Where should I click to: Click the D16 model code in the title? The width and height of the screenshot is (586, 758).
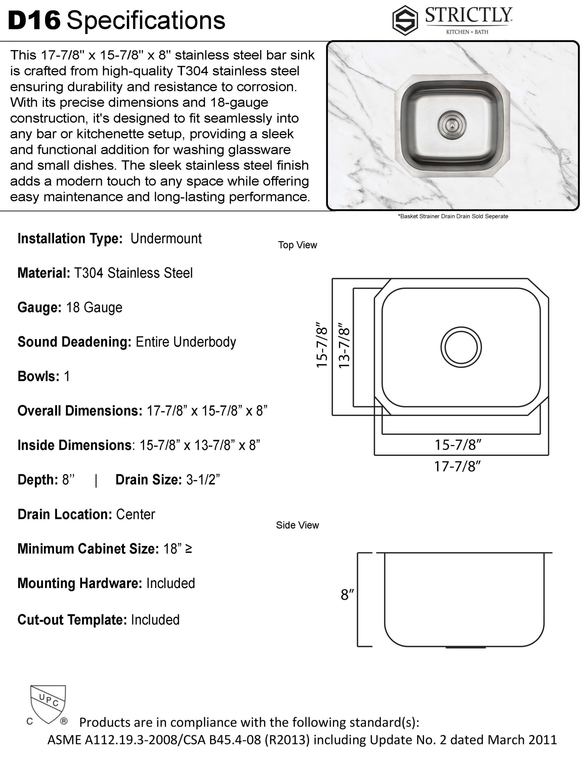(x=34, y=20)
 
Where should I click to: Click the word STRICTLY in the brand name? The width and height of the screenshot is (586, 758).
(x=469, y=15)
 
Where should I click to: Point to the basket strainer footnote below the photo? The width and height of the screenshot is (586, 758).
(x=453, y=216)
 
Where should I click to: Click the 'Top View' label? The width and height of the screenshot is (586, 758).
(x=297, y=245)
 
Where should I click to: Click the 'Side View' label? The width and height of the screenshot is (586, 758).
(x=297, y=525)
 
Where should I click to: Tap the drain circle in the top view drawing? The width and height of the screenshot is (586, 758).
(x=461, y=347)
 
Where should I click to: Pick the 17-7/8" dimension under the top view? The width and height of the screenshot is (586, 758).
(x=457, y=466)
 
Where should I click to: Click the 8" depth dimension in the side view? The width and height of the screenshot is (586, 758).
(x=347, y=595)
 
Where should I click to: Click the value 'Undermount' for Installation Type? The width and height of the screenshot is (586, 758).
(x=166, y=239)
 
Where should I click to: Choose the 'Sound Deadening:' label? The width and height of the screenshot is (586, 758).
(x=74, y=342)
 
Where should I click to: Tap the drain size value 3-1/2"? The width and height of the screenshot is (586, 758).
(x=203, y=480)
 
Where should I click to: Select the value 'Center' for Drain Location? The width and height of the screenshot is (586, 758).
(x=135, y=514)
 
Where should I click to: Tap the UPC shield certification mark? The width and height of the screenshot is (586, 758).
(x=48, y=704)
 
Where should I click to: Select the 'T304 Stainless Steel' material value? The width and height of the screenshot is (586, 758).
(x=133, y=273)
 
